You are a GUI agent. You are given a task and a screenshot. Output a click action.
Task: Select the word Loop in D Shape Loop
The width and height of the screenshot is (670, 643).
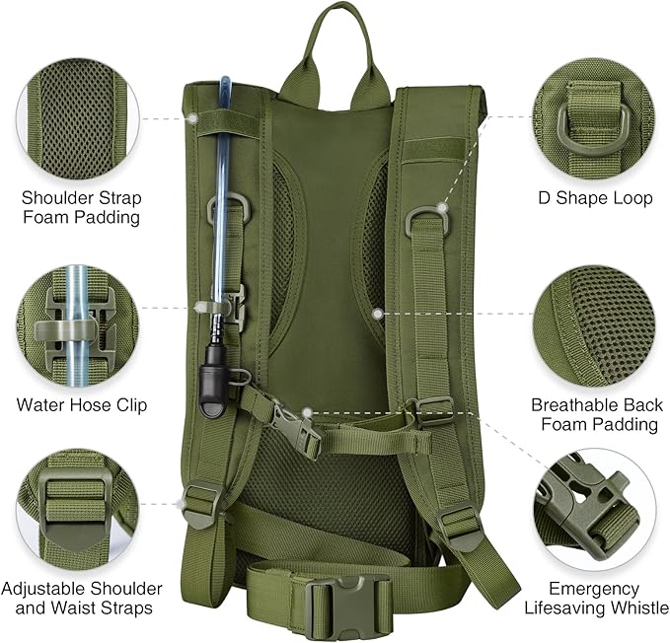click(x=632, y=198)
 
